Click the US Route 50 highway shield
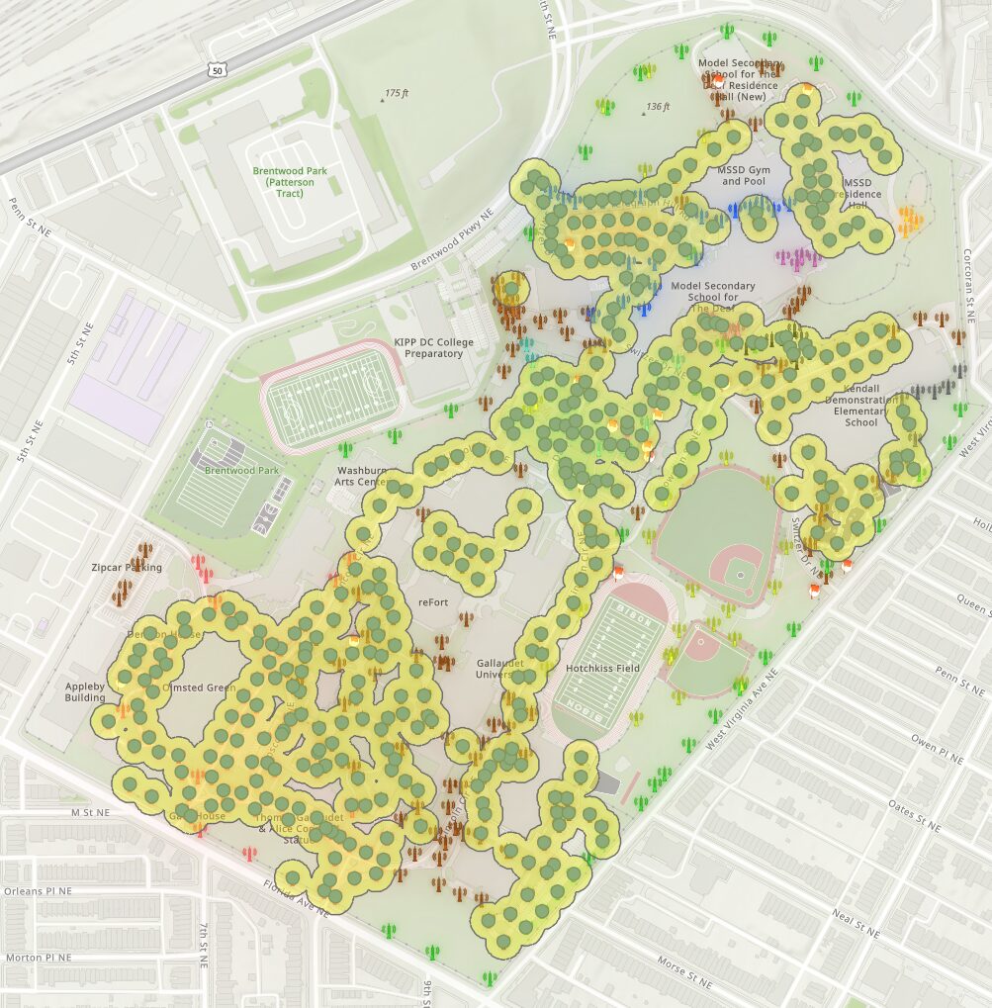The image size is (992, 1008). (218, 68)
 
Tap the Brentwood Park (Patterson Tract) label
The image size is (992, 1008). (289, 182)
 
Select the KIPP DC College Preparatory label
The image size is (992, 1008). (434, 347)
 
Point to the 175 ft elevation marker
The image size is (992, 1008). (395, 93)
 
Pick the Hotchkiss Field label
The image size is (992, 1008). (603, 669)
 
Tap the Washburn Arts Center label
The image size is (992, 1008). (363, 476)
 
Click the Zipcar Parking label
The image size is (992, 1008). (126, 568)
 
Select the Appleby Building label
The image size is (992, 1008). (85, 691)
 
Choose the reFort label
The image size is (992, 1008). (433, 601)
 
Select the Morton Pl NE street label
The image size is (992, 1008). (37, 958)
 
